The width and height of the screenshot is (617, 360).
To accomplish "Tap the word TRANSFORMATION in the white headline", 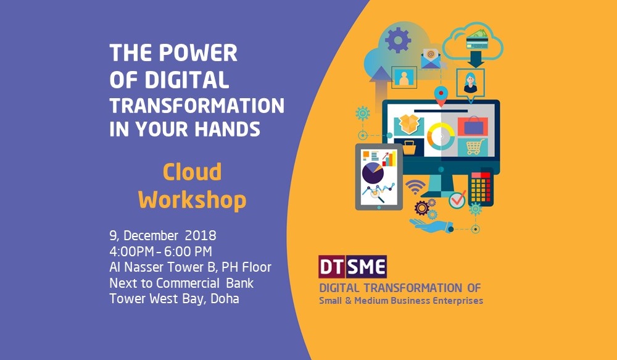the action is (x=197, y=106).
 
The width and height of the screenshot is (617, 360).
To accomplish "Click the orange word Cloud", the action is (x=192, y=172).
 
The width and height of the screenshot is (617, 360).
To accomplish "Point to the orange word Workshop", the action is (x=192, y=200).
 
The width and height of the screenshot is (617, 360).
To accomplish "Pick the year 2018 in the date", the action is (x=201, y=235).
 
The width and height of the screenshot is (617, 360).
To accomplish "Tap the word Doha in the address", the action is (x=225, y=298).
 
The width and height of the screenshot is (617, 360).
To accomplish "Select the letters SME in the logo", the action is (x=367, y=267).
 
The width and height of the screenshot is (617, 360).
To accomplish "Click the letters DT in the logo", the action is (x=333, y=267).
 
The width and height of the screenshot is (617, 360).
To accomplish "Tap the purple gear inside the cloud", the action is (x=398, y=40).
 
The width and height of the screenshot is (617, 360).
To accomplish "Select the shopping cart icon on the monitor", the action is (x=475, y=147).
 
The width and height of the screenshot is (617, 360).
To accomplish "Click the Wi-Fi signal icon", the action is (x=415, y=186).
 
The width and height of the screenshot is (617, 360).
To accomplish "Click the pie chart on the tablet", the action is (x=373, y=173).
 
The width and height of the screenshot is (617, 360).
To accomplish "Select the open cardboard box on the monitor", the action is (x=409, y=124).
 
